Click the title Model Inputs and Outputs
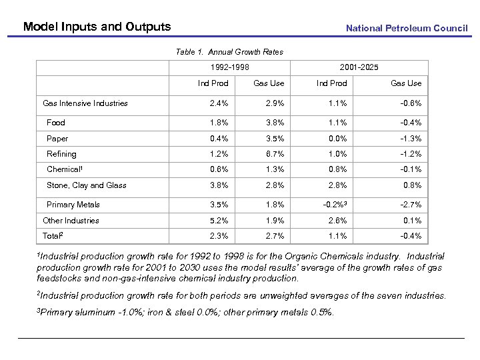coord(97,27)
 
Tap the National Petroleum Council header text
coord(407,28)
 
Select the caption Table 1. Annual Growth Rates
coord(229,52)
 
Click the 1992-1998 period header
coord(229,67)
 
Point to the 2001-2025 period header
coord(359,67)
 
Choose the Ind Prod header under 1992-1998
coord(213,83)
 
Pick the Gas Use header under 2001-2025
coord(405,83)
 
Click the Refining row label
coord(61,154)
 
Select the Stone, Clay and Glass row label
coord(86,185)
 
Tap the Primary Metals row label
coord(73,205)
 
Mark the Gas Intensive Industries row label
coord(85,103)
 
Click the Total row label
coord(53,236)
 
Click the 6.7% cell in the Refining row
coord(274,154)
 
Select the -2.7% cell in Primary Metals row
coord(410,205)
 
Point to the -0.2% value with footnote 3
coord(335,205)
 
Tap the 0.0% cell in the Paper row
coord(337,139)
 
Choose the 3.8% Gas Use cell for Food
coord(274,123)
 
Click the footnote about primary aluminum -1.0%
coord(187,313)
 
